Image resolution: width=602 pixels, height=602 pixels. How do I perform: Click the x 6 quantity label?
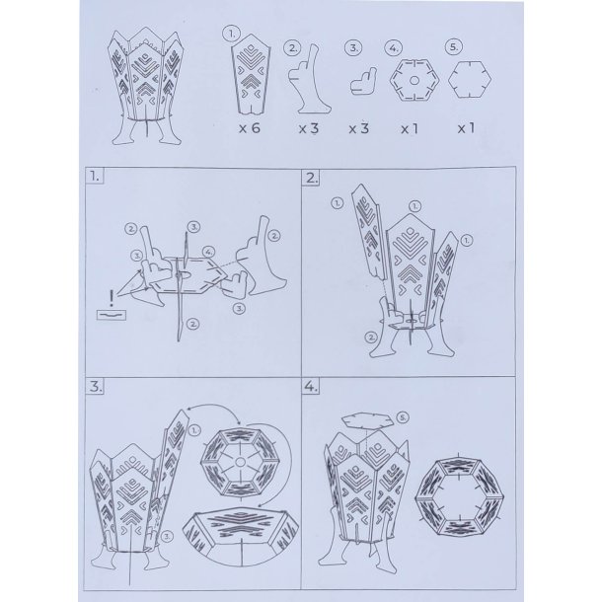tap(250, 128)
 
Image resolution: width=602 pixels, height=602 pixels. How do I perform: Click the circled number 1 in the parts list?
tap(232, 34)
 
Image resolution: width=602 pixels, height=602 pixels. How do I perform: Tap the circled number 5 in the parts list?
tap(453, 46)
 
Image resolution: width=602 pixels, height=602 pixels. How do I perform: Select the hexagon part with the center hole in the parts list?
tap(414, 80)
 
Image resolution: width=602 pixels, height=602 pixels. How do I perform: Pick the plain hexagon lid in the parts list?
tap(470, 80)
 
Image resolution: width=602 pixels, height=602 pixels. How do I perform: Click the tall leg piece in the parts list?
tap(308, 80)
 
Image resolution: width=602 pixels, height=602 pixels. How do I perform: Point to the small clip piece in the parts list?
tap(363, 81)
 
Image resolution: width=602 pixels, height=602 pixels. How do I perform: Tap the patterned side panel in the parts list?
tap(251, 74)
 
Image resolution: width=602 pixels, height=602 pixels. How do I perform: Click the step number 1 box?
tap(95, 177)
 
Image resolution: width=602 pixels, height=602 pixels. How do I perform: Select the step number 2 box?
tap(311, 178)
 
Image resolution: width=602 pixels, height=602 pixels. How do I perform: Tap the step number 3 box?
tap(95, 386)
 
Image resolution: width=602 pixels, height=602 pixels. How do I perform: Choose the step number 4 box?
tap(311, 387)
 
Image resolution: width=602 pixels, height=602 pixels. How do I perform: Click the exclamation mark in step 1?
tap(112, 298)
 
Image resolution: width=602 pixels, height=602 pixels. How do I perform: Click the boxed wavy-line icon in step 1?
tap(112, 315)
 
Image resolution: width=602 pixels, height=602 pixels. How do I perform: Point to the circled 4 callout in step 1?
tap(208, 252)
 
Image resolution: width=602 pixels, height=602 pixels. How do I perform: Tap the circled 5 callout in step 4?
tap(403, 417)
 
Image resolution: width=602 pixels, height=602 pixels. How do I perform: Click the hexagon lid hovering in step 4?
tap(368, 419)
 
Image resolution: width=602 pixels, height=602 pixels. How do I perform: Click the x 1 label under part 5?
tap(466, 128)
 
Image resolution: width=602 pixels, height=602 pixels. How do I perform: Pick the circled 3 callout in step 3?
tap(168, 536)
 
